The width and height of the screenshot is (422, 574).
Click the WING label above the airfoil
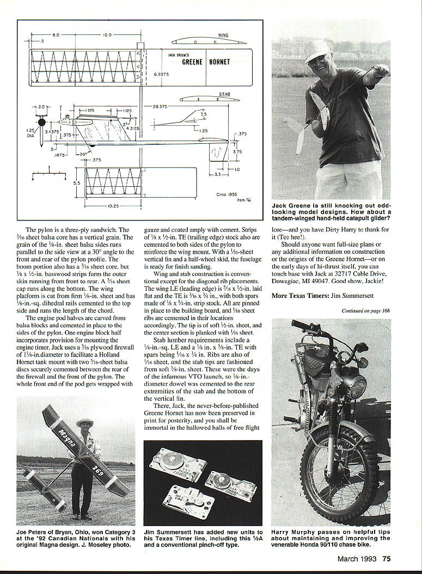coord(223,35)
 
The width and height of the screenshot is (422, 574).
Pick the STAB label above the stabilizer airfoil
coord(224,94)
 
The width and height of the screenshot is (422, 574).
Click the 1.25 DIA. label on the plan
coord(30,133)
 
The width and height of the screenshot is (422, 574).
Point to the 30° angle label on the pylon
coord(83,154)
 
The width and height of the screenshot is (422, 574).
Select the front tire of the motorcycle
coord(339,479)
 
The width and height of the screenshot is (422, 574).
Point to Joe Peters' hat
coord(84,423)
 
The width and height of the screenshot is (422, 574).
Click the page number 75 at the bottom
coord(386,558)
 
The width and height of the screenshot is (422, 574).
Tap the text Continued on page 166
coord(366,310)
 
